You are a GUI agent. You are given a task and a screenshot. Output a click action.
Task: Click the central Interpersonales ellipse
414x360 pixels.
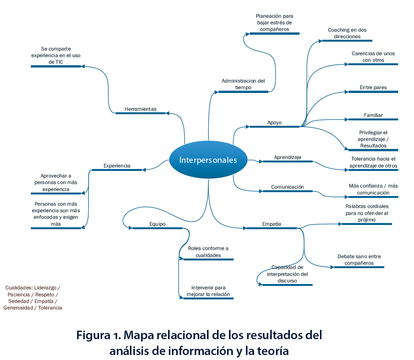pos(208,160)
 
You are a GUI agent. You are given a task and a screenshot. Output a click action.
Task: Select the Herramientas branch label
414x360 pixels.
pos(140,109)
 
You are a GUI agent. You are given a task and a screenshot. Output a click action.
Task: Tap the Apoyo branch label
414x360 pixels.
pos(274,123)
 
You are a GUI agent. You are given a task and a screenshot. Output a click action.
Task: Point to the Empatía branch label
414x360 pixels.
pos(271,224)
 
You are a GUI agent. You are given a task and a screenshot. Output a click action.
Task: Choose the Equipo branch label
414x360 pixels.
pos(157,224)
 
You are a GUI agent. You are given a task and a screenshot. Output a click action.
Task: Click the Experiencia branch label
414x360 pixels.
pos(117,166)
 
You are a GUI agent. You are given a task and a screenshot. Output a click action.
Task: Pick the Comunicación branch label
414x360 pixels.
pos(287,187)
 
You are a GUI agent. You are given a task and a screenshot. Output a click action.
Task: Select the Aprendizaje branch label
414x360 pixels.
pos(288,157)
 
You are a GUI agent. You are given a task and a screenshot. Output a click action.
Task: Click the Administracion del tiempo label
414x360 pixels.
pos(243,84)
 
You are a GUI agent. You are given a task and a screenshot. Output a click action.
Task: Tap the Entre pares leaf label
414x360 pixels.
pos(373,88)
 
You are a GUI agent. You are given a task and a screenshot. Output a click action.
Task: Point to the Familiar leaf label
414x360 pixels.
pos(373,115)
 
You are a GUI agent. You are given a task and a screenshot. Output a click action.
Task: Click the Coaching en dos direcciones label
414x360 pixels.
pos(347,33)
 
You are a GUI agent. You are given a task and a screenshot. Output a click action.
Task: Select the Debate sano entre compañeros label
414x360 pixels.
pos(359,260)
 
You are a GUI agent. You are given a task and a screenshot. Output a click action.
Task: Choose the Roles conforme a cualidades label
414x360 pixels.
pos(208,252)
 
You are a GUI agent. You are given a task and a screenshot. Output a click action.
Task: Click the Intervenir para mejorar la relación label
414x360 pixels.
pos(208,291)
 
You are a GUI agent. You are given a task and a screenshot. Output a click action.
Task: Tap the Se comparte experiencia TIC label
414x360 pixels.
pos(56,55)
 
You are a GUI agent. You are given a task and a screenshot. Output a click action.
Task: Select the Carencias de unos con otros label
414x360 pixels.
pos(373,57)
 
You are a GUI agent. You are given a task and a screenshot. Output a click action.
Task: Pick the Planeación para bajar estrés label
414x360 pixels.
pos(274,23)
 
